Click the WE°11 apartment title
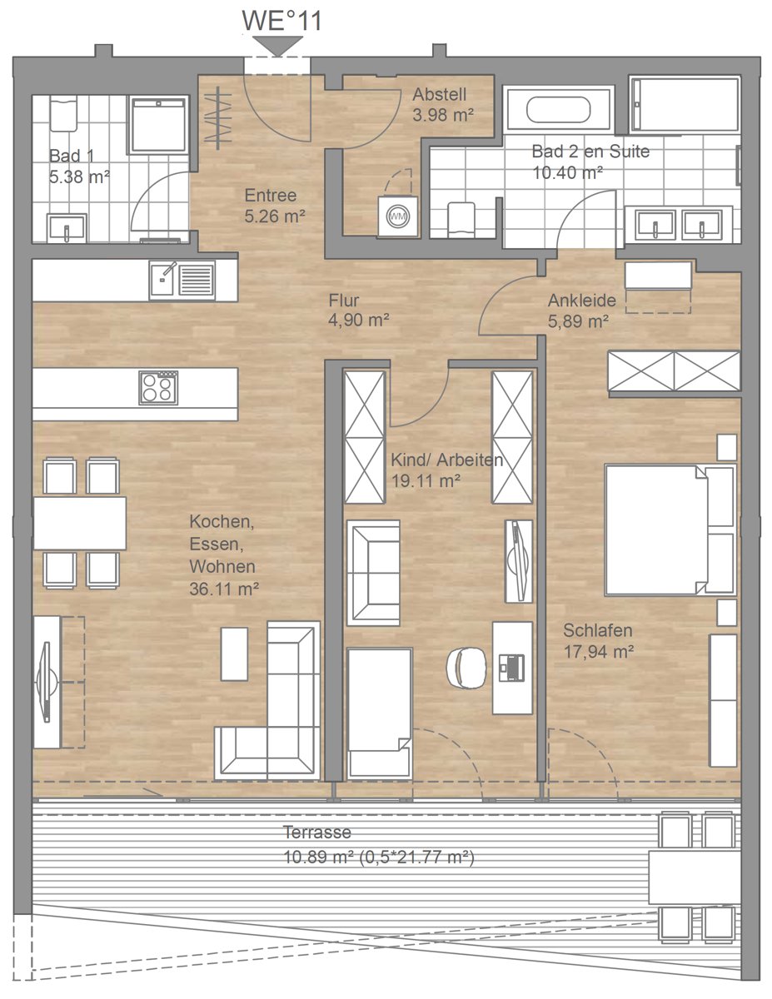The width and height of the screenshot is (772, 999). pos(281,21)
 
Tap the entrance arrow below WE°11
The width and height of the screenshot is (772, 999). pos(277,47)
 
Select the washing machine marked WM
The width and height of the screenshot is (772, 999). pos(398,216)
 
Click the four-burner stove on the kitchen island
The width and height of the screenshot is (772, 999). pos(158,388)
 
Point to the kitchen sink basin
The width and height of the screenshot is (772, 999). pos(162,280)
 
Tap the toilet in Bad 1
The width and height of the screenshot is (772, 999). pos(63,113)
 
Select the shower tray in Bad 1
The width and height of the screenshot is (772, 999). pos(158,125)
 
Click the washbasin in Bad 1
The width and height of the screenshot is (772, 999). pos(67,227)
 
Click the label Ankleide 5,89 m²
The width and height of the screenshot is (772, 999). pos(581,311)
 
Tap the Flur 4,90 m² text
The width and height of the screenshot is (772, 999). pos(359,311)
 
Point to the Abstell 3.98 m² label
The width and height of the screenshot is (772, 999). pos(443,104)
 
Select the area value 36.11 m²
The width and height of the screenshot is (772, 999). pos(224,589)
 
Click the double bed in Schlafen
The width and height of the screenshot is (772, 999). pos(670,529)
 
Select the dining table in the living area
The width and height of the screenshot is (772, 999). pos(80,523)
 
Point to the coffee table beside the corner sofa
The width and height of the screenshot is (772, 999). pos(234,654)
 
